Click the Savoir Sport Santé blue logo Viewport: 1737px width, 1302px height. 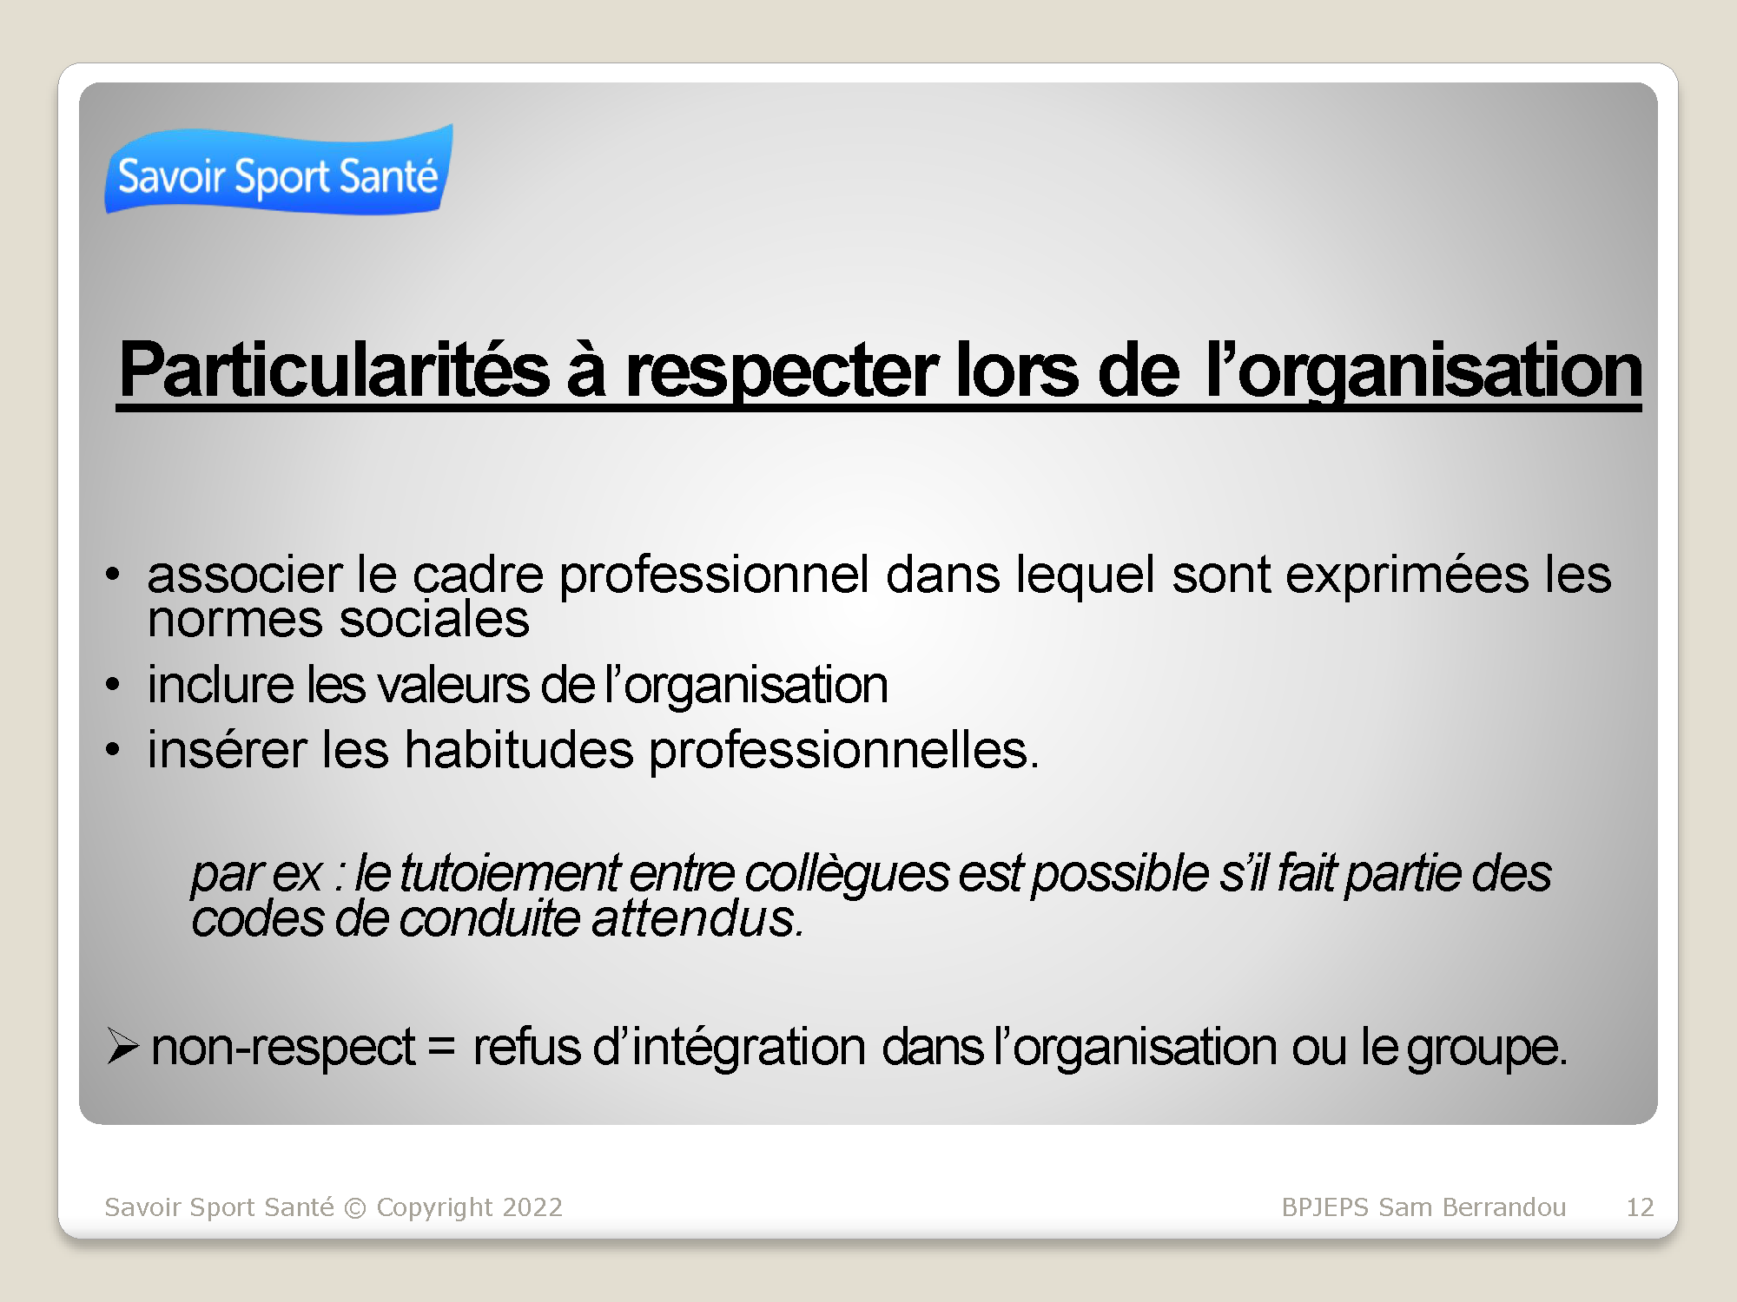pyautogui.click(x=279, y=170)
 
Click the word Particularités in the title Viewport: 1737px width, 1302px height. pyautogui.click(x=334, y=371)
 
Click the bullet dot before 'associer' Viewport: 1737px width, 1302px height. pyautogui.click(x=113, y=575)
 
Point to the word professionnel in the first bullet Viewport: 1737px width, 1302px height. pyautogui.click(x=714, y=575)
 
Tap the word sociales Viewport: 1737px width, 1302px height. pyautogui.click(x=434, y=620)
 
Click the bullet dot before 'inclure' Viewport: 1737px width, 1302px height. pyautogui.click(x=113, y=684)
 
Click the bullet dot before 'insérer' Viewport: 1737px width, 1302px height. pyautogui.click(x=113, y=749)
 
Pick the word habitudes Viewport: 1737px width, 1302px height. pyautogui.click(x=519, y=750)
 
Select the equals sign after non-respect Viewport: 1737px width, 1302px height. pyautogui.click(x=441, y=1047)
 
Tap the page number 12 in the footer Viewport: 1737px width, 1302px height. pyautogui.click(x=1640, y=1207)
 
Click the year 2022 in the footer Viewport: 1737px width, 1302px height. pyautogui.click(x=532, y=1207)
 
